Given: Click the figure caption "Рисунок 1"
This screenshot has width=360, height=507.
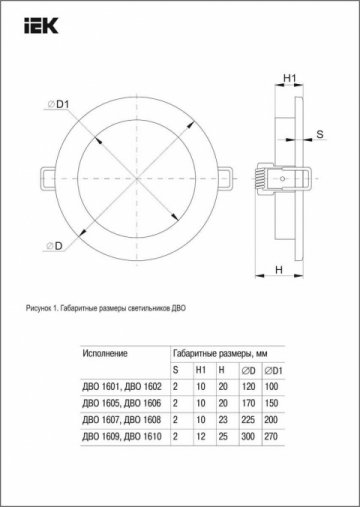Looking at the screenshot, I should coord(105,308).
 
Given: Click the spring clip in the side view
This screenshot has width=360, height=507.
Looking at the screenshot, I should coord(277,177).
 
